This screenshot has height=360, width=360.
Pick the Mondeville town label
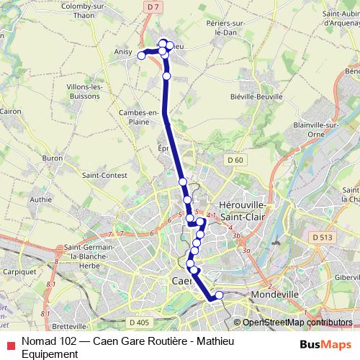tap(276, 295)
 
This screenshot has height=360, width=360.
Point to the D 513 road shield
tap(322, 236)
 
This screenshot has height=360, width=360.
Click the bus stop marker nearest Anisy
tap(142, 55)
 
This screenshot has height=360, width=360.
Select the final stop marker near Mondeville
tap(219, 295)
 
